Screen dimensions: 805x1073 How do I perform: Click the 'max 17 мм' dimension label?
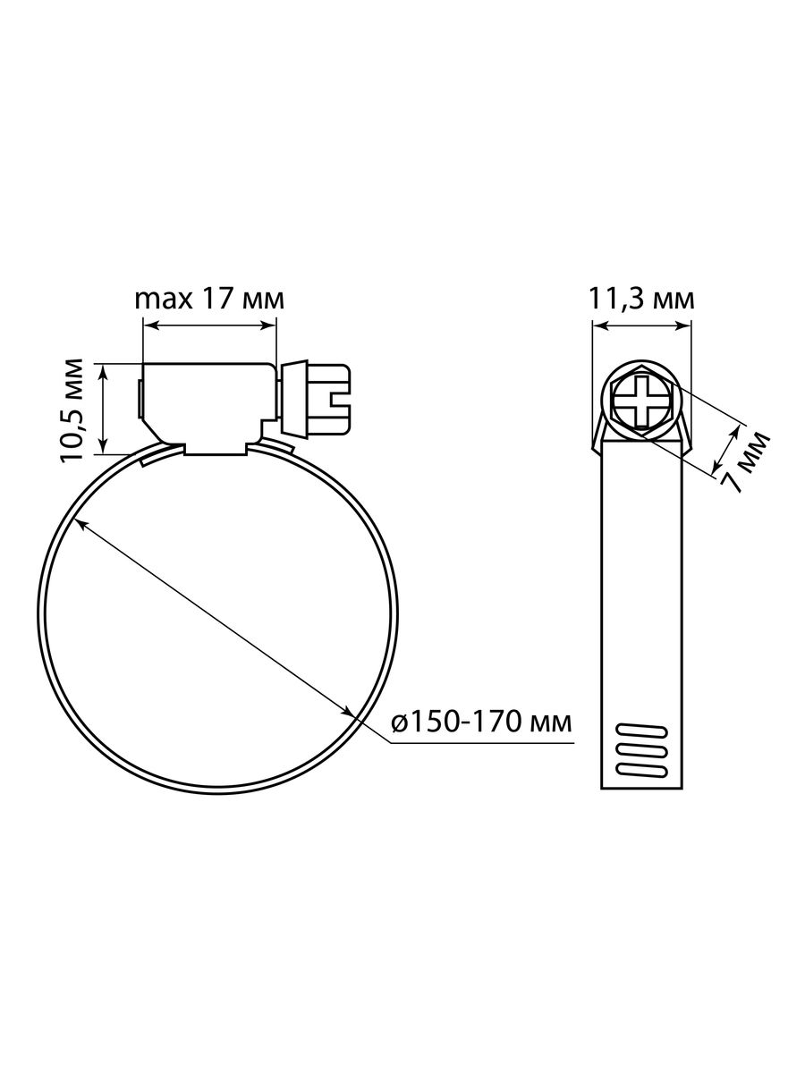[209, 300]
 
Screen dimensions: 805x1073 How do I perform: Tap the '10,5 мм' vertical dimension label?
[72, 410]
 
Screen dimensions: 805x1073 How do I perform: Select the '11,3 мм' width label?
[641, 300]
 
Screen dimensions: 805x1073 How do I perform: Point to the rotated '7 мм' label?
[745, 461]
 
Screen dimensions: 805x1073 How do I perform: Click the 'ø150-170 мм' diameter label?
[481, 722]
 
